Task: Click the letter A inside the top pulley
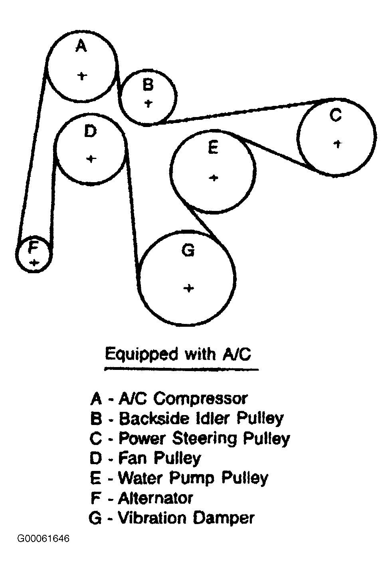click(x=81, y=46)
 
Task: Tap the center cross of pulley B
click(x=148, y=103)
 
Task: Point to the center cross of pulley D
click(x=91, y=159)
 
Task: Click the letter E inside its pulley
click(x=213, y=148)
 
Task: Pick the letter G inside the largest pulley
click(x=188, y=251)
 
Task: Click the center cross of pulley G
click(x=189, y=288)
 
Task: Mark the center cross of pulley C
click(x=338, y=143)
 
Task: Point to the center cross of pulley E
click(x=214, y=177)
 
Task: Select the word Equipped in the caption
click(x=141, y=354)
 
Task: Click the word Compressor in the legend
click(x=200, y=398)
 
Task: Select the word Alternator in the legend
click(x=156, y=498)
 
